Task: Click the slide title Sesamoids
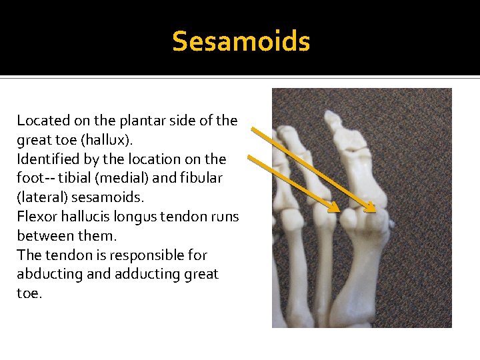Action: point(241,41)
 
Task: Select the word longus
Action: point(133,217)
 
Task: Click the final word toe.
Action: point(28,293)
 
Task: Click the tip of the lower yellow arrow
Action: point(338,211)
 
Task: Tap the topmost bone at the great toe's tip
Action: point(331,121)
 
